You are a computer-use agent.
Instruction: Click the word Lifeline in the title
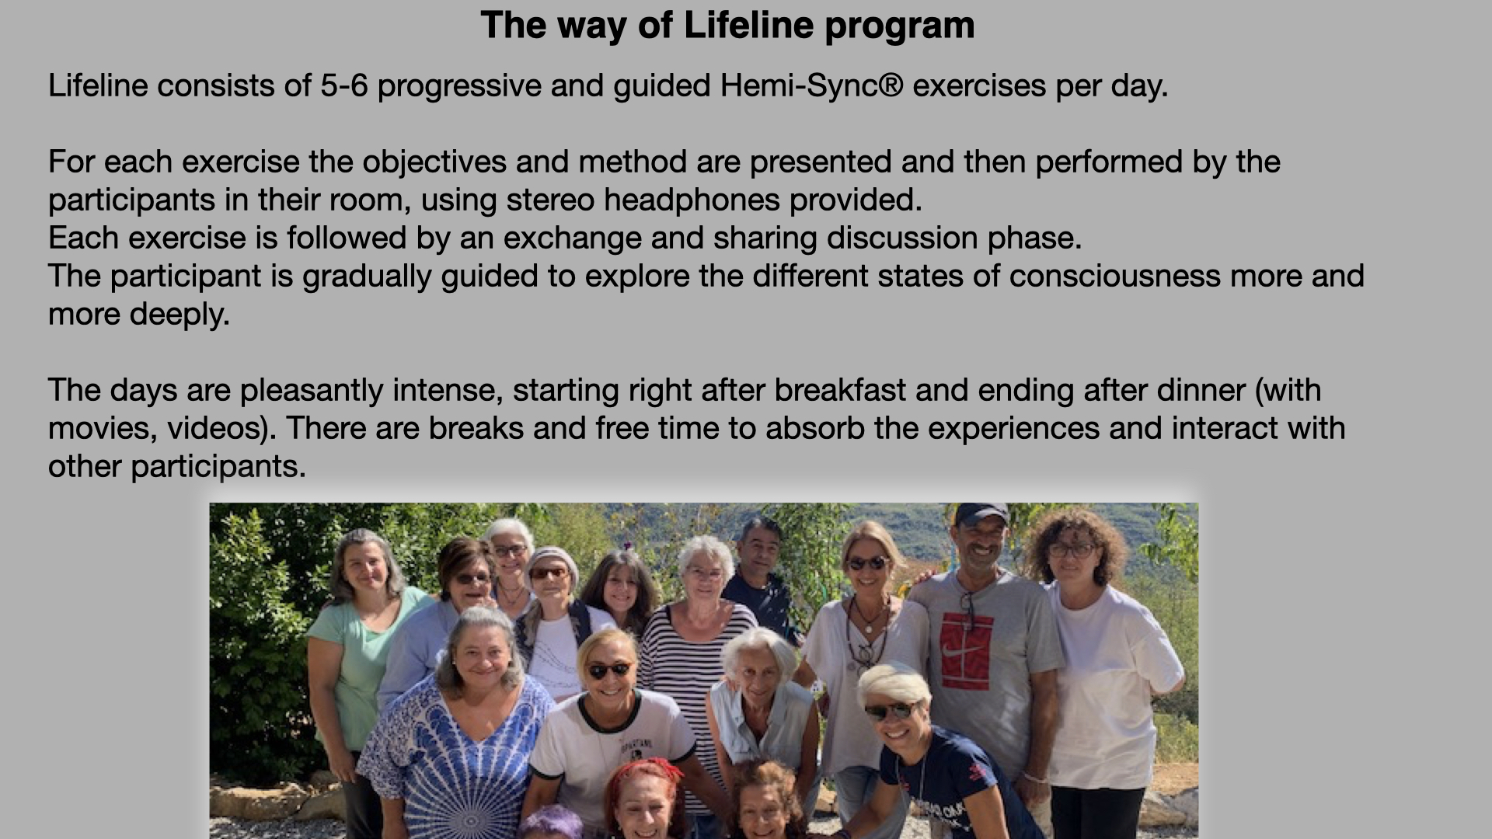pos(748,25)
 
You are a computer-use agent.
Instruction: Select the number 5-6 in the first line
pos(344,85)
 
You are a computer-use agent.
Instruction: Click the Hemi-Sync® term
pos(811,86)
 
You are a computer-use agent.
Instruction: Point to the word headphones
pos(692,200)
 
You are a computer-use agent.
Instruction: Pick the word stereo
pos(550,200)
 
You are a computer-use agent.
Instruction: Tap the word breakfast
pos(840,390)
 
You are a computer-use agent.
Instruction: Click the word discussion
pos(901,238)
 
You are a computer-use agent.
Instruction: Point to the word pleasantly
pos(312,391)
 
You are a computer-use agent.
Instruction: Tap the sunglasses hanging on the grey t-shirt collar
pos(967,608)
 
